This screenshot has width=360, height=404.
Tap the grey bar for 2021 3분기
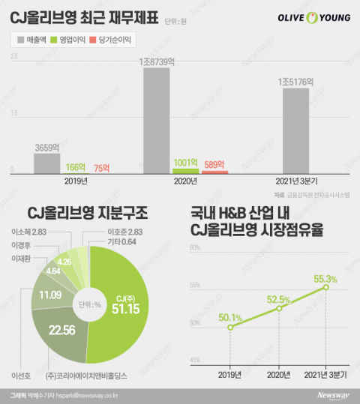(x=295, y=130)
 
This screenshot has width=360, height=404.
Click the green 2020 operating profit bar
(x=184, y=171)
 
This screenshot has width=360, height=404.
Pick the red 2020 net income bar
(x=214, y=172)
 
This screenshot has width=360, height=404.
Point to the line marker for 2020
(x=278, y=308)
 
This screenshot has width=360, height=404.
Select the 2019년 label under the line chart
(x=230, y=373)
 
